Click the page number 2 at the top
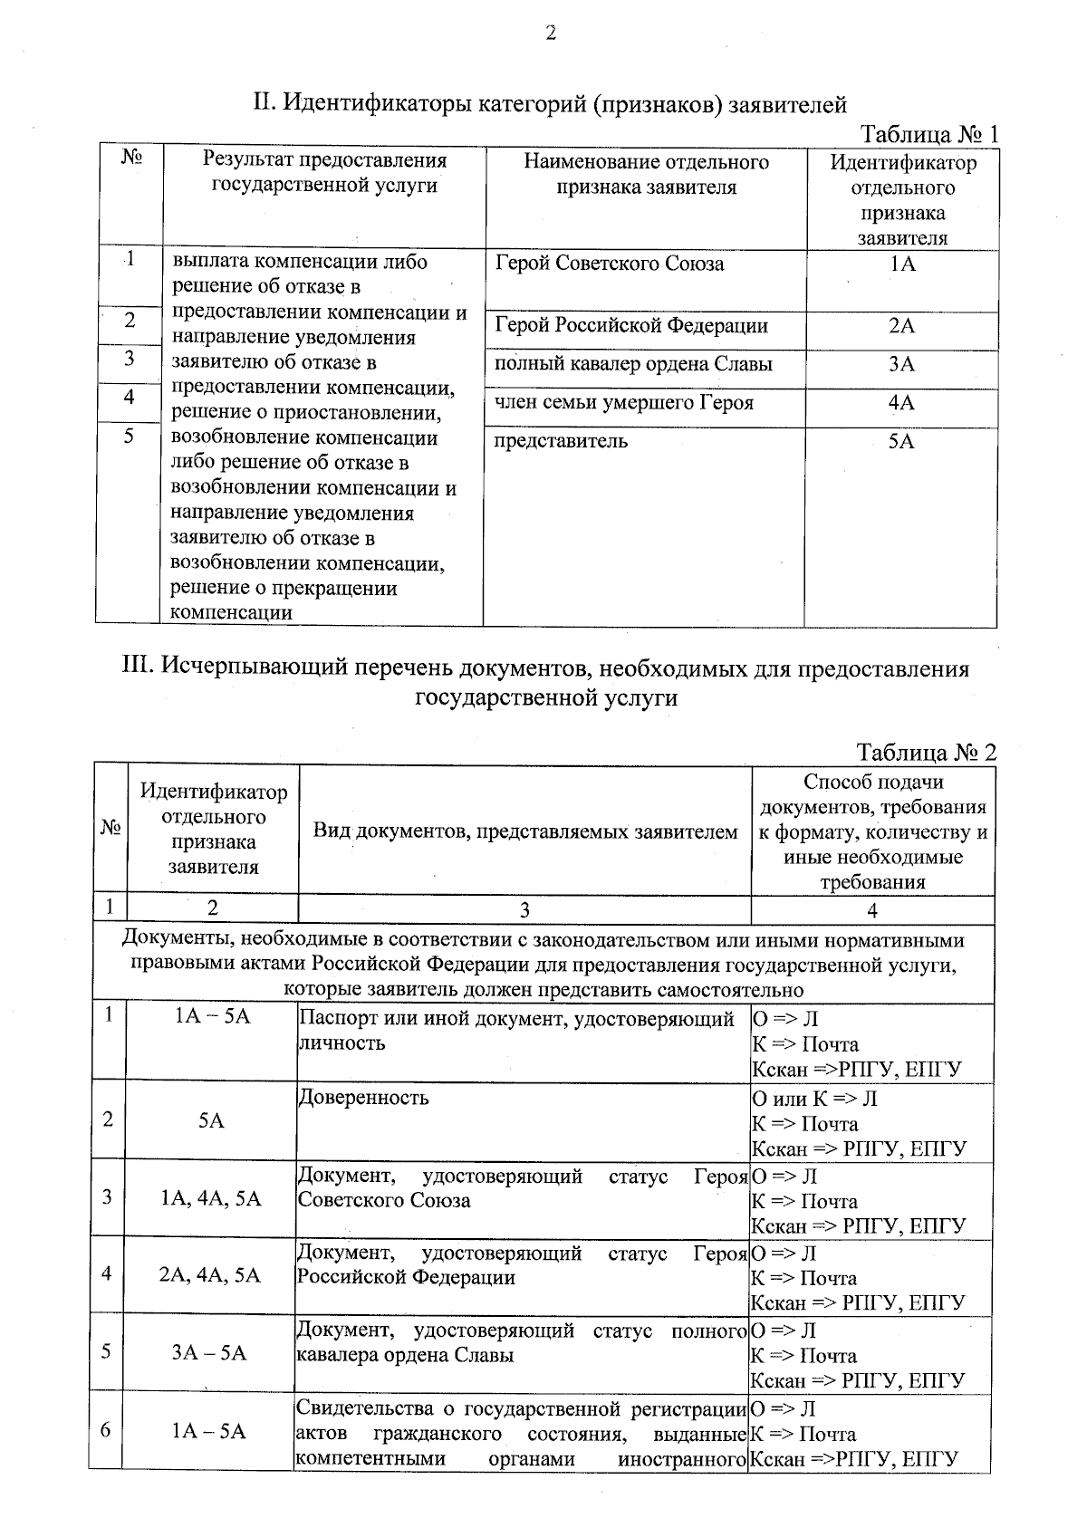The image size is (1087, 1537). [x=549, y=34]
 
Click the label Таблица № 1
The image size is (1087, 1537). [x=928, y=134]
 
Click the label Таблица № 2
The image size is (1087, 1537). [x=926, y=753]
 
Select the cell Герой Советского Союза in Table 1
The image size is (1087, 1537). [x=610, y=264]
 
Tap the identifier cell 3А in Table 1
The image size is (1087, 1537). [x=901, y=364]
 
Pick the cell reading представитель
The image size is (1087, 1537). [x=561, y=441]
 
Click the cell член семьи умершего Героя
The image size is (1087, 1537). [x=623, y=403]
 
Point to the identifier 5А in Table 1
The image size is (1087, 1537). [x=901, y=441]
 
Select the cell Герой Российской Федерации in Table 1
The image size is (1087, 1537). [x=631, y=325]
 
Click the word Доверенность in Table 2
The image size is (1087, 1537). [x=363, y=1098]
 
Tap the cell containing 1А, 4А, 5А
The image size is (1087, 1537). [x=210, y=1199]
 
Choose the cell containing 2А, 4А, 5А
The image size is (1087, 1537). [x=210, y=1275]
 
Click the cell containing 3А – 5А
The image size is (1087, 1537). [x=210, y=1352]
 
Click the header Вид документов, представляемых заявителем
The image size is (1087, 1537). [x=525, y=831]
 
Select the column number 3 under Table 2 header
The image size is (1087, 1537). [x=524, y=910]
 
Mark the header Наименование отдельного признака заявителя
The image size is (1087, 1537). [x=646, y=174]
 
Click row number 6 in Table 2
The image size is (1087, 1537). [x=106, y=1430]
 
